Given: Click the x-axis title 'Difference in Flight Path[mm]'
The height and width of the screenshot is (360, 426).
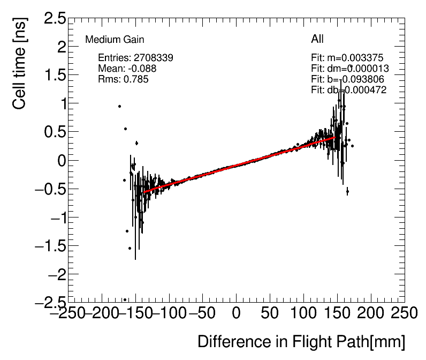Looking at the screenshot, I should point(301,342).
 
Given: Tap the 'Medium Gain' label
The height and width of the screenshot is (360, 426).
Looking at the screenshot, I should point(115,40).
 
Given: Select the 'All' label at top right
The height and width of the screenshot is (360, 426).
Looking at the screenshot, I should point(317,39).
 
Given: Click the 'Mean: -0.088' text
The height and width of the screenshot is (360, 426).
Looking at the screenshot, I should point(127,69).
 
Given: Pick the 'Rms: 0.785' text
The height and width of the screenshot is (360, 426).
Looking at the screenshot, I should point(123,79).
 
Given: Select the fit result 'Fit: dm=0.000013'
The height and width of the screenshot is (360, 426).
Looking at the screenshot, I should point(349,69).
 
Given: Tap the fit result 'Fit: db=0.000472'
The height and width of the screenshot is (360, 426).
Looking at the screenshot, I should point(348,90).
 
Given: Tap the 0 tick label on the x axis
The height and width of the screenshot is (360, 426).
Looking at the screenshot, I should point(237,313).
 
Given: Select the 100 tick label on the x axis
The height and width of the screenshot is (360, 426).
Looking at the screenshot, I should point(303,313).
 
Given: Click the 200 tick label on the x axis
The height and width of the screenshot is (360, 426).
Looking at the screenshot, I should point(370,313).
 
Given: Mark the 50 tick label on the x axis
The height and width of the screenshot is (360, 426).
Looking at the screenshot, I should point(270,313).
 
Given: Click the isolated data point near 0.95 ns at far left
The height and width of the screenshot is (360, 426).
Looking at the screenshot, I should point(120,106).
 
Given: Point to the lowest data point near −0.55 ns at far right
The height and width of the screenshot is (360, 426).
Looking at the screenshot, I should point(347,191).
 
